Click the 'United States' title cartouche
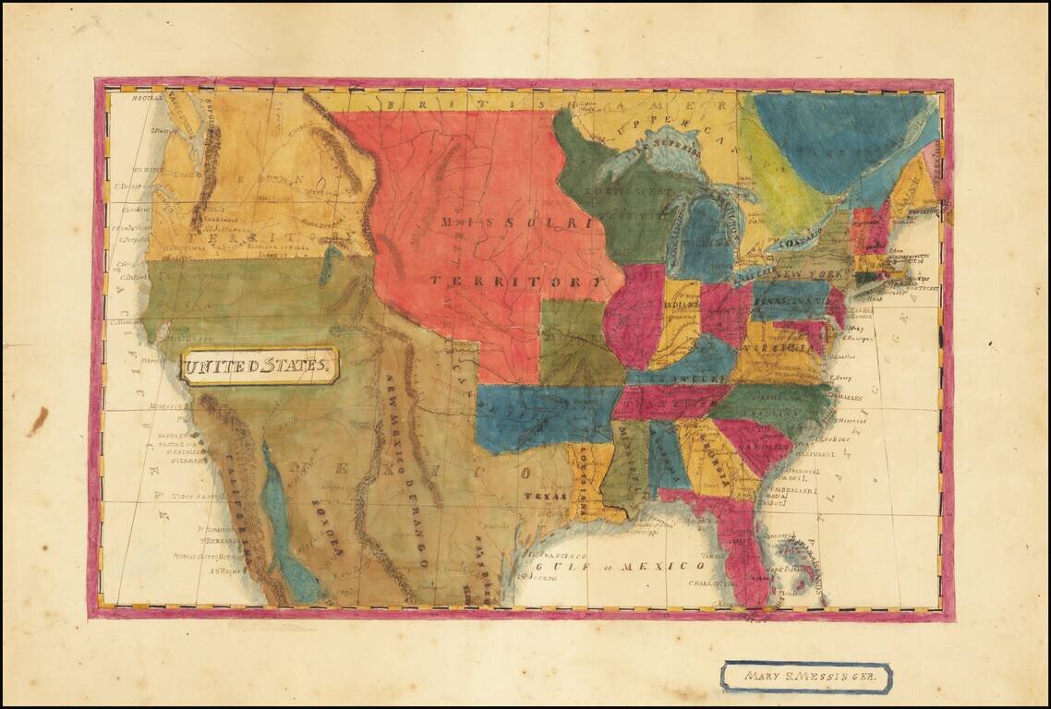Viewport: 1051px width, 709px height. (x=260, y=366)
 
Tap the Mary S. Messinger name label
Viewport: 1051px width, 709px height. (x=805, y=677)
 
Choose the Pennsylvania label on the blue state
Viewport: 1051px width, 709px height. (x=789, y=301)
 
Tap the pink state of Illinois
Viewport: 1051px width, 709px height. (x=634, y=315)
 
